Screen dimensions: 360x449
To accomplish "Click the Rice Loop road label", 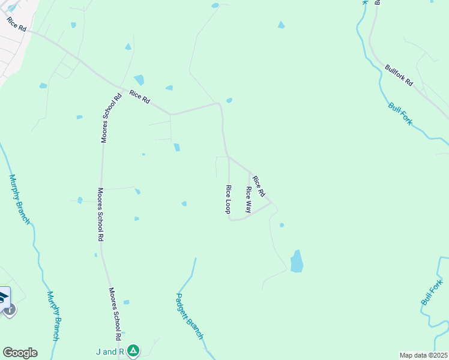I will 228,199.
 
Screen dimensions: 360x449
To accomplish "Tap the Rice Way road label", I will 248,199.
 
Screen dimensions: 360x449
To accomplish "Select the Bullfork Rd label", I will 399,75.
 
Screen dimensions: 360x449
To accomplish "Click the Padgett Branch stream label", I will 190,316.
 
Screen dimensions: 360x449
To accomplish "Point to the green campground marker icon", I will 133,350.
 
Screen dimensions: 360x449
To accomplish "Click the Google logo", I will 20,353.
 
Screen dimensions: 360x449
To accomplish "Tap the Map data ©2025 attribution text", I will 423,355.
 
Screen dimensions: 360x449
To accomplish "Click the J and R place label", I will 113,351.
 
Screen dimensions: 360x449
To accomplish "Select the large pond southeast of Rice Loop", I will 297,262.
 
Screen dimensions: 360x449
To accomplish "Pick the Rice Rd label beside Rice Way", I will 259,186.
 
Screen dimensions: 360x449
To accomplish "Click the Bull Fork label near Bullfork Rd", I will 400,113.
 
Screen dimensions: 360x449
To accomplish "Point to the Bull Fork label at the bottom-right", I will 432,291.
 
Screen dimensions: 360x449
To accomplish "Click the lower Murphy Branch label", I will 53,316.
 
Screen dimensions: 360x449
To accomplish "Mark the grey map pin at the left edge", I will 10,309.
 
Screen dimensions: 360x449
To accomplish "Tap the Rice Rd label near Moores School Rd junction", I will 139,96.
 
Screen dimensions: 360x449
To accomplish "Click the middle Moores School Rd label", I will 100,214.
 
